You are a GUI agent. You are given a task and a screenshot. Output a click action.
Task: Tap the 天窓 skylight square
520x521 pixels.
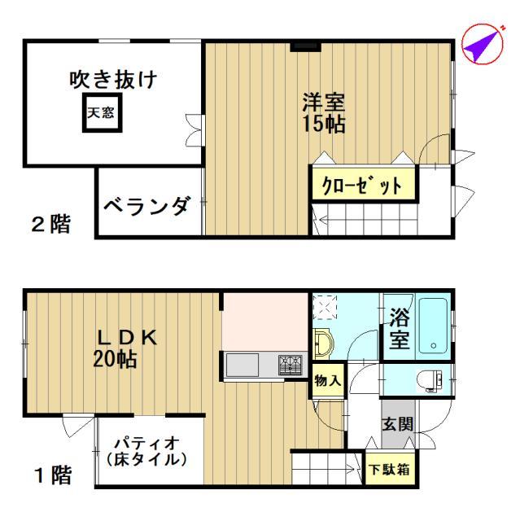[103, 112]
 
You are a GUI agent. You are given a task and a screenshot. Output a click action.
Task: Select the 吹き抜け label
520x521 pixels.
[113, 80]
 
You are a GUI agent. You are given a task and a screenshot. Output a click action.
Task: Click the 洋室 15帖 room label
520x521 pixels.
[323, 113]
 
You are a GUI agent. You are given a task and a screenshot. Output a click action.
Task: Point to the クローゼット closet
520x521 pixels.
[364, 185]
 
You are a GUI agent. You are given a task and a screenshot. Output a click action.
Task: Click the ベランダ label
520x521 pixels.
[148, 206]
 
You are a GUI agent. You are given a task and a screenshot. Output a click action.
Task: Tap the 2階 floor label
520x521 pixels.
[50, 224]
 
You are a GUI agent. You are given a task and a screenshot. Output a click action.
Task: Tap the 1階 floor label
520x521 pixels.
[53, 475]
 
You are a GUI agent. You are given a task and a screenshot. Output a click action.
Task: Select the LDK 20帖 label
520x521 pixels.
[125, 348]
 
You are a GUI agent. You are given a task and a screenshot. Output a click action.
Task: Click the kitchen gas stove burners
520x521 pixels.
[291, 365]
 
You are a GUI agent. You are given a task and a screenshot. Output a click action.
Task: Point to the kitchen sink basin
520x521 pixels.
[242, 365]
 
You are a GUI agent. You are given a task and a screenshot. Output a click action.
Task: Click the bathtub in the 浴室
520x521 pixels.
[433, 326]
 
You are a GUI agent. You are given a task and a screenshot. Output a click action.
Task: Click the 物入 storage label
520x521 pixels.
[328, 380]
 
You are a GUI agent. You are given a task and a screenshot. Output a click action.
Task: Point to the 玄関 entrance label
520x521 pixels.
[397, 424]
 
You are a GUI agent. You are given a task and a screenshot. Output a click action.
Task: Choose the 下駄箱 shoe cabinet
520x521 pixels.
[391, 469]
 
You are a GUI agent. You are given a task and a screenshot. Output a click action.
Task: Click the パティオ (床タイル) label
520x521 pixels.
[146, 451]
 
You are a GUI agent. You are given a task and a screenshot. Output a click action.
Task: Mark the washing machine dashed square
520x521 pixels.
[325, 308]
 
